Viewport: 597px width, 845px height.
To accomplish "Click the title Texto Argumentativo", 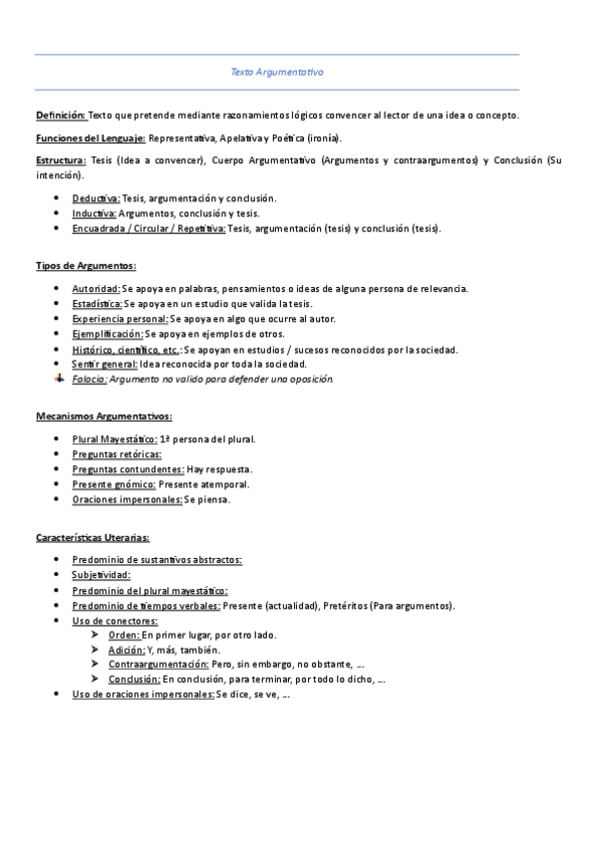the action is [x=277, y=73].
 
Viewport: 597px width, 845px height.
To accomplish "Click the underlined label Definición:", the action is [x=61, y=116].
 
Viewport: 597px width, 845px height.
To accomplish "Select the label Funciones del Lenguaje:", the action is [x=91, y=138].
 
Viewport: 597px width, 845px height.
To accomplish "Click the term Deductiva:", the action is [x=96, y=198].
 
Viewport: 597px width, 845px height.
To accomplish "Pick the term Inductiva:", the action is [x=95, y=213].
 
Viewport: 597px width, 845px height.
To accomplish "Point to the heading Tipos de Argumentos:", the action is [x=86, y=266].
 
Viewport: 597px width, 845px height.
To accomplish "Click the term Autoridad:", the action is [x=96, y=288].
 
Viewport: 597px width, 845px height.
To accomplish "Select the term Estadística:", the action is [x=97, y=303].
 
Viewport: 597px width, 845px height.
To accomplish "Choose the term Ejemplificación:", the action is [x=108, y=334].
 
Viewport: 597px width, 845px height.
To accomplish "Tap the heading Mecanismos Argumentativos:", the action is [x=104, y=416].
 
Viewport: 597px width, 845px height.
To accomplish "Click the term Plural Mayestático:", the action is [x=115, y=438].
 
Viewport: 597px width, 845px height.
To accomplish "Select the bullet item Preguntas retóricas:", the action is [x=117, y=454].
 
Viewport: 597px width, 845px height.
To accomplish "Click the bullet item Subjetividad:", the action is [x=101, y=575].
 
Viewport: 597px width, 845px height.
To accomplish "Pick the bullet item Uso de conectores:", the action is [x=115, y=621].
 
